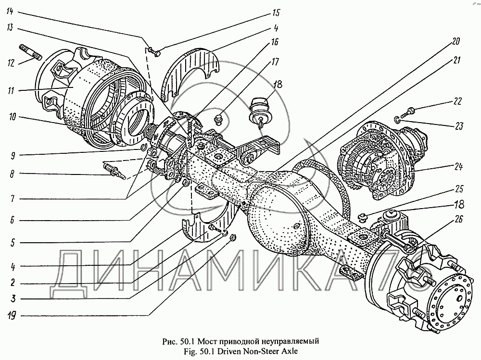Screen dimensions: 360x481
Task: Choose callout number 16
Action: tap(274, 42)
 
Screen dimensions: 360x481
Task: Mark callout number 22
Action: tap(457, 102)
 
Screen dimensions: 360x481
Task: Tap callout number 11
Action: tap(11, 90)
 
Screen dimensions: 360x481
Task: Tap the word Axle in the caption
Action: tap(288, 351)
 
